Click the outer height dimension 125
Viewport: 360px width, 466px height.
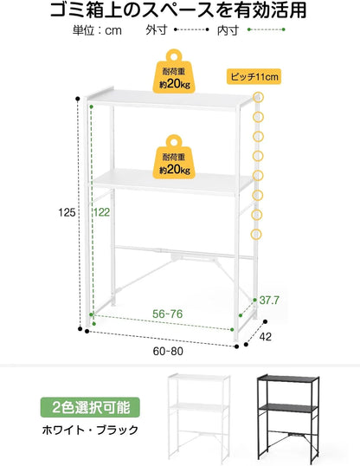(67, 212)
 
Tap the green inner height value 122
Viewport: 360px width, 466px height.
(102, 212)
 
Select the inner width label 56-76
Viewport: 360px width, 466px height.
(168, 314)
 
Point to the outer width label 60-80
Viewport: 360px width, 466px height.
(168, 352)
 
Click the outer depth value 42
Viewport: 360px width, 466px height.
(266, 337)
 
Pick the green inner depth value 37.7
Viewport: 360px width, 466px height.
(269, 301)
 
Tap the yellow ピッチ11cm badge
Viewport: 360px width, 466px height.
(254, 77)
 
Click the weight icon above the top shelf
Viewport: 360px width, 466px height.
(174, 71)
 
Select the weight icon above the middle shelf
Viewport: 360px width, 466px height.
(174, 157)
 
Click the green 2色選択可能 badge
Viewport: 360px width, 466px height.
(90, 407)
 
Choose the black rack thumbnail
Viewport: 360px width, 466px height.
(288, 418)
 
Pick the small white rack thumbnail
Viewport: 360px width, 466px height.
(199, 418)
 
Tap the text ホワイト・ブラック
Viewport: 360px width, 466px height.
(90, 430)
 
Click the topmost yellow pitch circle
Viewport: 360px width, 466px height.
(258, 98)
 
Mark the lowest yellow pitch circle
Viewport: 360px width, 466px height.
(256, 234)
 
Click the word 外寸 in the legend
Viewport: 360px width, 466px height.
(157, 30)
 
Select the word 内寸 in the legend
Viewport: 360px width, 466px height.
(228, 30)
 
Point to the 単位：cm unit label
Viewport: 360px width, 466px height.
(97, 30)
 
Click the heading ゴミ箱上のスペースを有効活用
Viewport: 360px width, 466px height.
(178, 10)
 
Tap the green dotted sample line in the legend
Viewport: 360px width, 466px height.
(267, 29)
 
